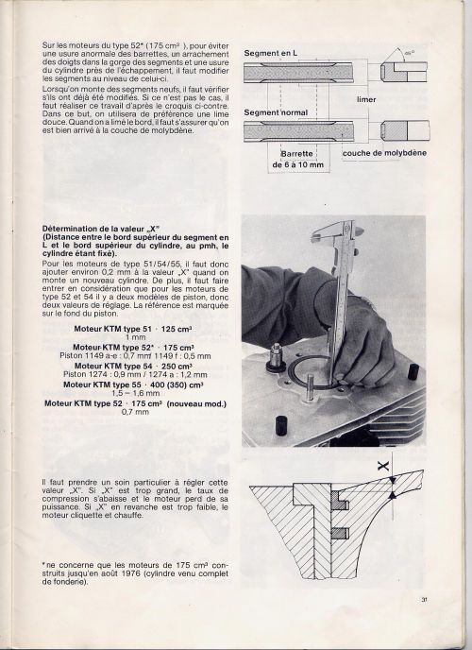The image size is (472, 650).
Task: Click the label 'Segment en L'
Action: point(270,54)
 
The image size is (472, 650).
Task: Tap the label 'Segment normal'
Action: point(276,112)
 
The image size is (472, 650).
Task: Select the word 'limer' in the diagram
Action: point(366,99)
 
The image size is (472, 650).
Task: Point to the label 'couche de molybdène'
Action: point(384,153)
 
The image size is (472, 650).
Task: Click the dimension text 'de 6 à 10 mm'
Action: point(297,165)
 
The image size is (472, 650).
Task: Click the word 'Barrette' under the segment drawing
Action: point(296,154)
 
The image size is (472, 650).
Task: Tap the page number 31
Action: point(424,599)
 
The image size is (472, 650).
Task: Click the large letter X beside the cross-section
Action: point(383,467)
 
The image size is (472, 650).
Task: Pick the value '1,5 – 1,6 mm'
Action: point(135,393)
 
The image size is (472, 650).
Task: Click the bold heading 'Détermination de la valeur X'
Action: point(101,229)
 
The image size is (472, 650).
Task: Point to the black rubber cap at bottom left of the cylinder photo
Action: point(281,426)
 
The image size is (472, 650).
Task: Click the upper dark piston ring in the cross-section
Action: point(340,501)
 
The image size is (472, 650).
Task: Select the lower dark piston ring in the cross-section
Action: point(340,534)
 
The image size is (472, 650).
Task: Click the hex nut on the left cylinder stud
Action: point(275,356)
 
